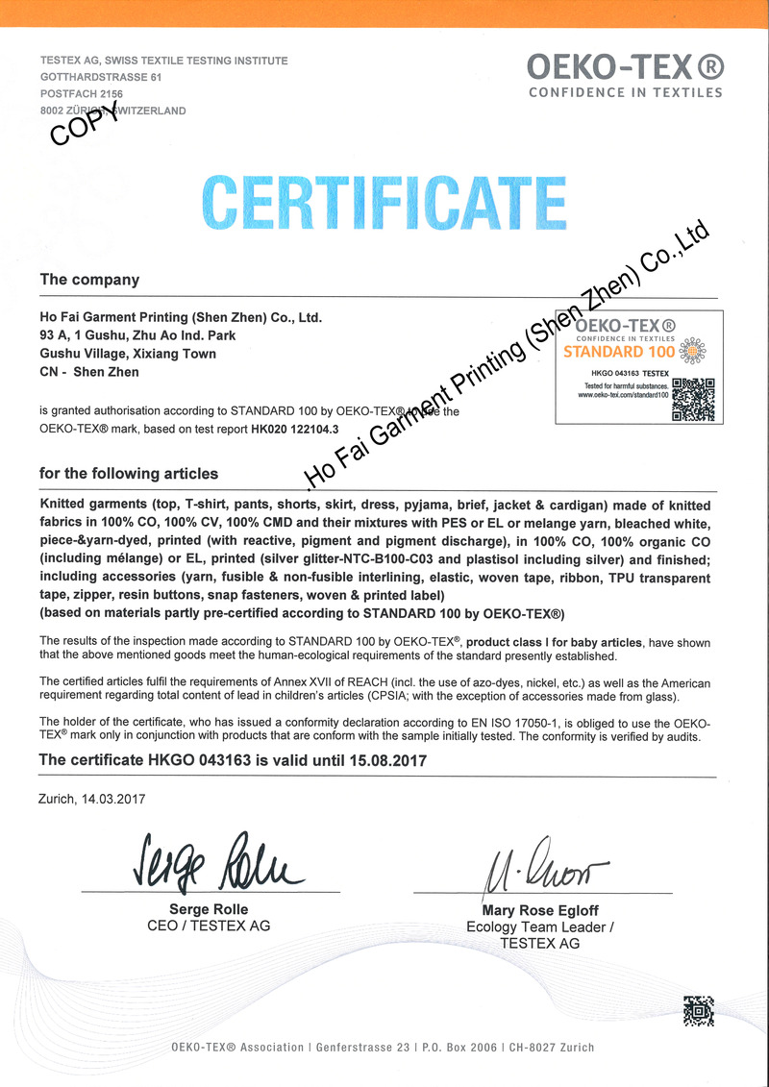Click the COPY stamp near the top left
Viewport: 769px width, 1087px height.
tap(85, 125)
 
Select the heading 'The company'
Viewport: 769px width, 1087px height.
tap(89, 281)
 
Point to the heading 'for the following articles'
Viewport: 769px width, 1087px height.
tap(128, 474)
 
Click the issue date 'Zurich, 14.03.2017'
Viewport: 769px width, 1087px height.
tap(92, 798)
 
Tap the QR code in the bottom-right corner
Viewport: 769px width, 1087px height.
tap(698, 1012)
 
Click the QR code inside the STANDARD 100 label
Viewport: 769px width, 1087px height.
tap(693, 400)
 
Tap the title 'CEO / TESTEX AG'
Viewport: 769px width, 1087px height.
tap(208, 926)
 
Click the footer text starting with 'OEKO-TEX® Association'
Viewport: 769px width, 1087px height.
tap(383, 1047)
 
